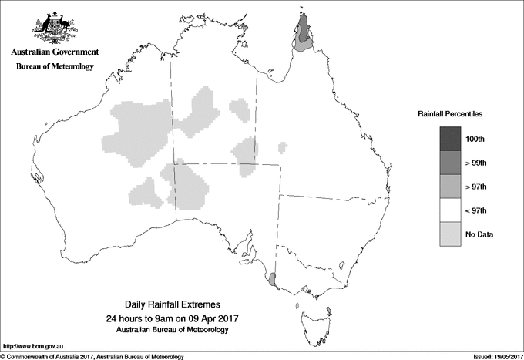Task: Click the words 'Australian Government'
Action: (55, 52)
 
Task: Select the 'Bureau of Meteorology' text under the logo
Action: (55, 67)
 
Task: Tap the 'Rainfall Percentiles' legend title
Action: (450, 113)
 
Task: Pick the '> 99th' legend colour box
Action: (451, 162)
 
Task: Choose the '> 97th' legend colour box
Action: (451, 186)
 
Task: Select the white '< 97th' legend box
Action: (451, 210)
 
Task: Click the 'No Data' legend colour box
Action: (451, 234)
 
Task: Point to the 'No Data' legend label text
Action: (480, 234)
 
